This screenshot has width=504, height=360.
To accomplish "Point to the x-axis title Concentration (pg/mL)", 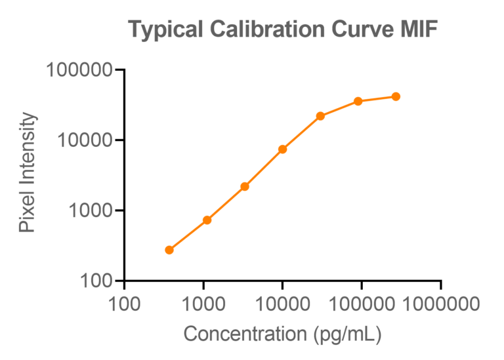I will point(282,334).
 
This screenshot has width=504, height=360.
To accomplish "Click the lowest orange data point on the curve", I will point(169,250).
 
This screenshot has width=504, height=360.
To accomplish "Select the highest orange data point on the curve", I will point(396,96).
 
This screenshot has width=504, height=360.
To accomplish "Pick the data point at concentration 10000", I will point(283,149).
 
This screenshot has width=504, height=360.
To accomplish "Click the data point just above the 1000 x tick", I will point(207,220).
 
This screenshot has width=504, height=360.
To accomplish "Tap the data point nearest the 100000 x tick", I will point(358,101).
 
